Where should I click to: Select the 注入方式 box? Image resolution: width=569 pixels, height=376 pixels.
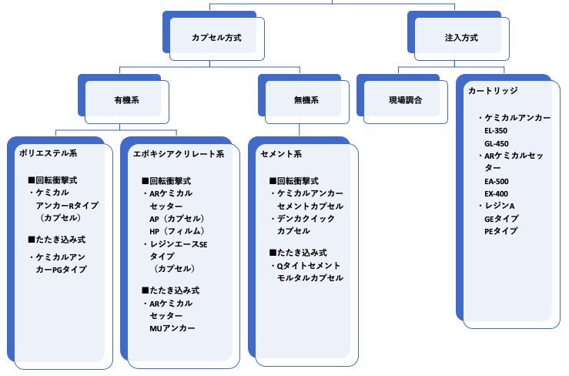point(461,37)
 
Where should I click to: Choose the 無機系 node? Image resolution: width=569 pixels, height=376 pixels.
point(306,100)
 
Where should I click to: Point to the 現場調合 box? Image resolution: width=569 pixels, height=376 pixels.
point(405,100)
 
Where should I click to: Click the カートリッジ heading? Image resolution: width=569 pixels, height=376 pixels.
point(493,91)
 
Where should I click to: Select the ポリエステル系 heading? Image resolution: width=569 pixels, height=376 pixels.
point(48,153)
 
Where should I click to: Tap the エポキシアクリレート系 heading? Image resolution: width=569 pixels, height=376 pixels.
point(179,154)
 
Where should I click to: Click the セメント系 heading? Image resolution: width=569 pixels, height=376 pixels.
point(281,154)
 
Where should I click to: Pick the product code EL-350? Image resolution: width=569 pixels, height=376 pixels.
point(496,131)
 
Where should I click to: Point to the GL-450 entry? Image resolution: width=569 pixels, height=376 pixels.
point(496,143)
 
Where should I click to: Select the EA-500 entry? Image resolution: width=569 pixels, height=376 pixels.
point(496,181)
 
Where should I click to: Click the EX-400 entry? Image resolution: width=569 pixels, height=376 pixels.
point(496,193)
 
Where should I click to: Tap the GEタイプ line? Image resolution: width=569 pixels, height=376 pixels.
point(501,219)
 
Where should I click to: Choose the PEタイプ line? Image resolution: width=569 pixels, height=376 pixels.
point(500,231)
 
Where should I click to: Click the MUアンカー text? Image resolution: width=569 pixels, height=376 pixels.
point(172,328)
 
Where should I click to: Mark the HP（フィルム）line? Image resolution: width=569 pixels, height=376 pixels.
point(176,231)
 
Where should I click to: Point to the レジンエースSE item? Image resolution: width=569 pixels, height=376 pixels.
point(176,244)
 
